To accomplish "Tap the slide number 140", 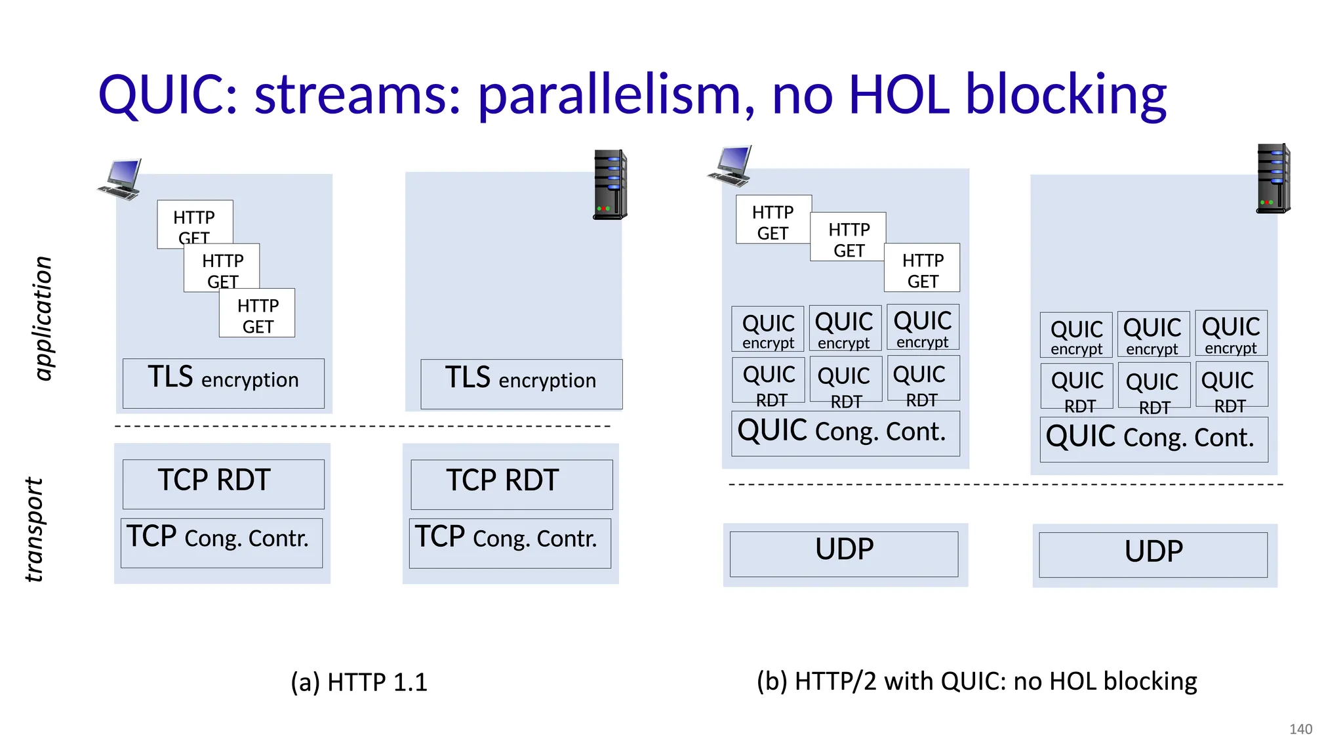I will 1300,729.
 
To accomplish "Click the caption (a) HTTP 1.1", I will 359,682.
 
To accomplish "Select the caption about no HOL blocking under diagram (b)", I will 976,681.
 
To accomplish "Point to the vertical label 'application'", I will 43,318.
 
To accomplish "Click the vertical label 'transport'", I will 34,529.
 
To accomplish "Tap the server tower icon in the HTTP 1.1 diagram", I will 610,184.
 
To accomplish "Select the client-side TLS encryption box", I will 223,383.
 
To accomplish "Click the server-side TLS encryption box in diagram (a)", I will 521,384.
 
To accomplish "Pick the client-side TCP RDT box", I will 223,484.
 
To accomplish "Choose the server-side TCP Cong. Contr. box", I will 510,543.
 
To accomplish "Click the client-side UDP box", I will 844,554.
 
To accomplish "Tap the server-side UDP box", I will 1153,555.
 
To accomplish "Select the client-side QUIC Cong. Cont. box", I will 845,433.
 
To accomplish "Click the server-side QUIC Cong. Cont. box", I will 1153,439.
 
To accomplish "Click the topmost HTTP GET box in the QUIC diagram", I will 773,219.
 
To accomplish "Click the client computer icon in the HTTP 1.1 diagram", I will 120,178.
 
